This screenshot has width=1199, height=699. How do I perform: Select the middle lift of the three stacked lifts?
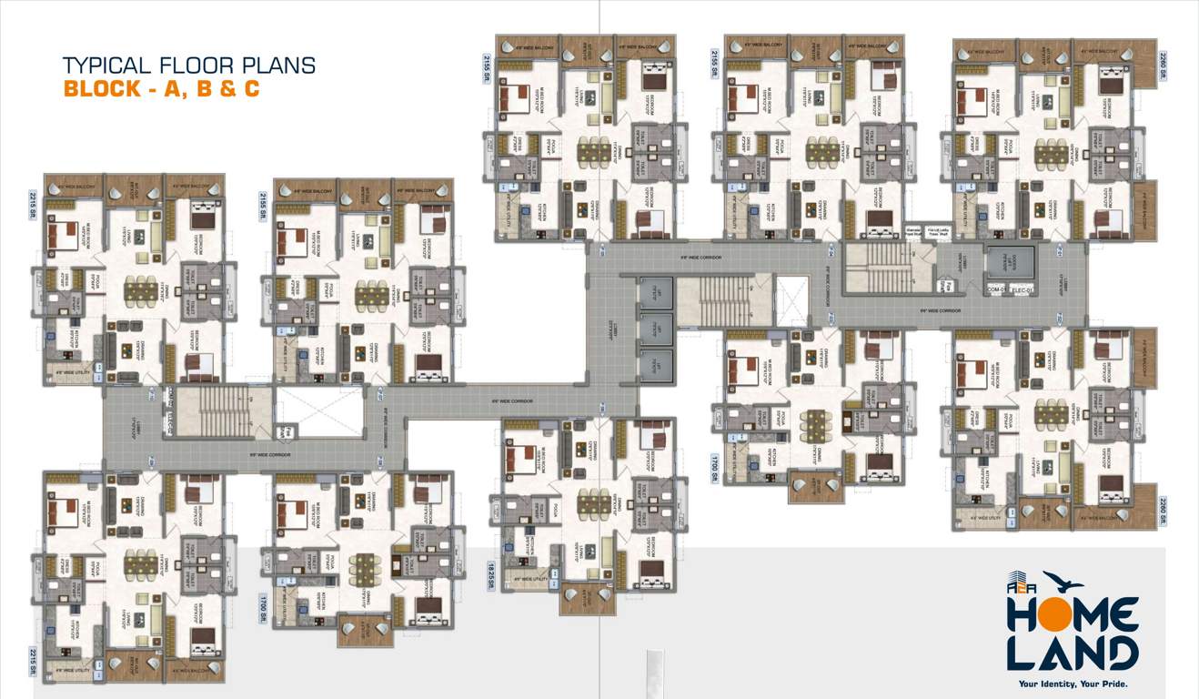click(656, 328)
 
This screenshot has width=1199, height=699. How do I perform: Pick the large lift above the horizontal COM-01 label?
click(1010, 263)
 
